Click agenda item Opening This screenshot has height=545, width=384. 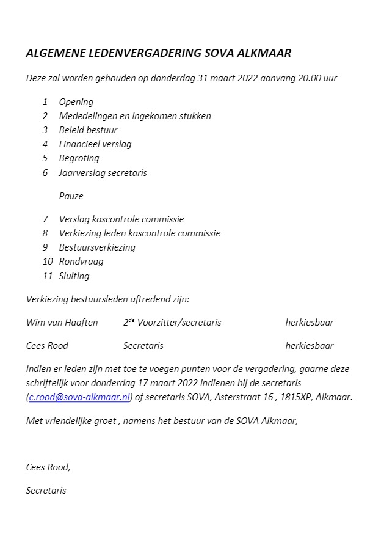tap(76, 102)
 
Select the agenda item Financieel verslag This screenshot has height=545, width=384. tap(95, 144)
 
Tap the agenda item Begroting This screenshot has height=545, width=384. tap(79, 158)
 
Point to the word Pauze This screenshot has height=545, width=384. tap(71, 196)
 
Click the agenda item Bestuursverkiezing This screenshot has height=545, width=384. tap(97, 247)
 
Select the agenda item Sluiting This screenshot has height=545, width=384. tap(74, 276)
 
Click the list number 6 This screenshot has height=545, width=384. tap(45, 172)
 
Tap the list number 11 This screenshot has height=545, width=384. tap(48, 276)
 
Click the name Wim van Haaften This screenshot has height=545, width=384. tap(62, 323)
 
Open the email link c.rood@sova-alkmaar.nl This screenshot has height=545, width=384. tap(79, 397)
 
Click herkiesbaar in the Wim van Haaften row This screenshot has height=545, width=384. tap(309, 323)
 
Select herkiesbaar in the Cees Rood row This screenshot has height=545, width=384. tap(309, 346)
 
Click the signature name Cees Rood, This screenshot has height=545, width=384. tap(48, 467)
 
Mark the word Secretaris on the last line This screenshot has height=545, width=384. tap(46, 490)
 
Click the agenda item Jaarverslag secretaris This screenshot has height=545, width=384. tap(103, 172)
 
